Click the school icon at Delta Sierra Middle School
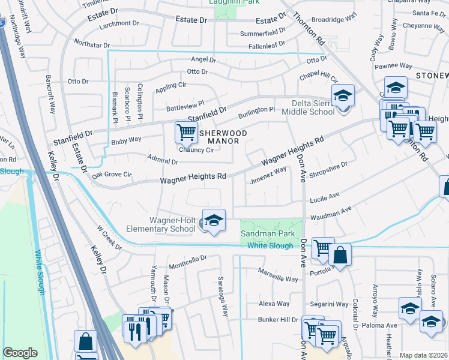tap(343, 96)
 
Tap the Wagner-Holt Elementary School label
tap(160, 224)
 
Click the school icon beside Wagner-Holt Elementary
tap(213, 221)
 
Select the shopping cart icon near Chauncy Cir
tap(186, 132)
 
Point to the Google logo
tap(20, 353)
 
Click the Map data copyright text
tap(424, 355)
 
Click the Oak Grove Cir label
tap(112, 175)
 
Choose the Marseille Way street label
tap(278, 279)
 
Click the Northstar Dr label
tap(92, 44)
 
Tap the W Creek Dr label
tap(109, 238)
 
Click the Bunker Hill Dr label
tap(278, 319)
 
